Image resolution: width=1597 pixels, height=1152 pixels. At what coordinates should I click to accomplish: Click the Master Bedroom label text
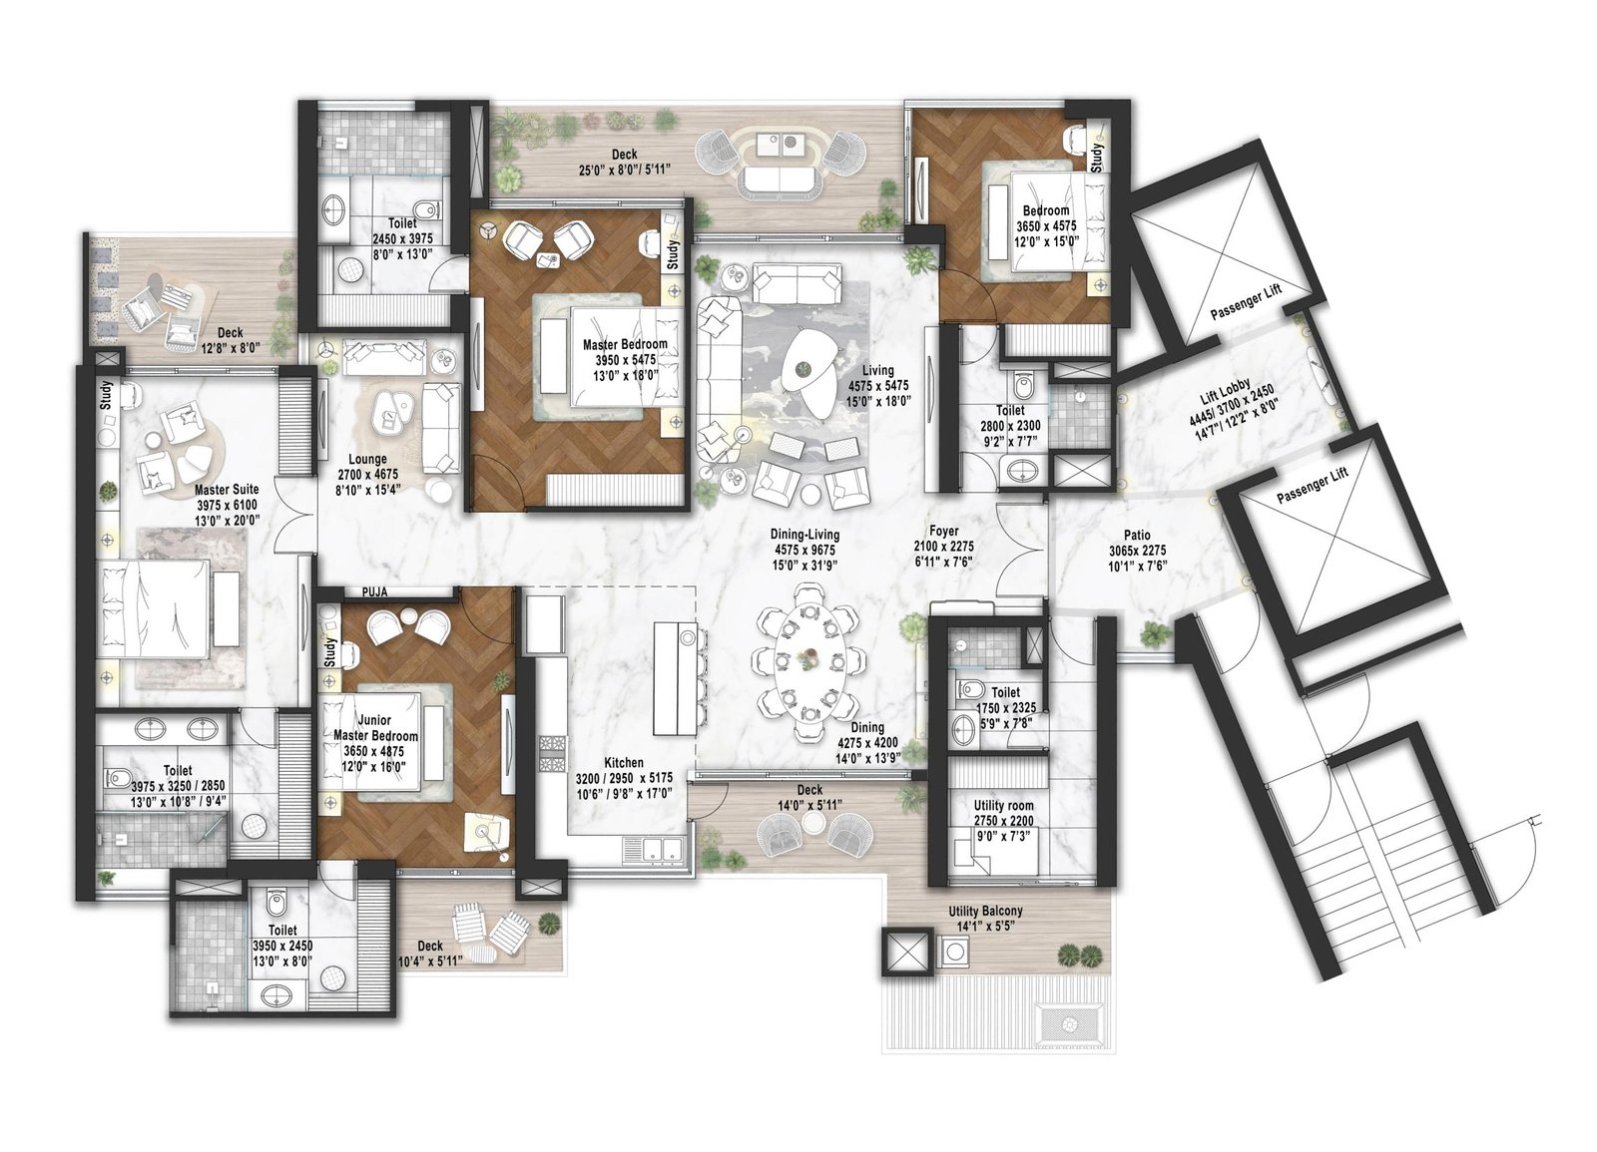[x=624, y=344]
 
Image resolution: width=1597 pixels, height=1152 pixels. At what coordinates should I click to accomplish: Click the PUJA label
[x=374, y=591]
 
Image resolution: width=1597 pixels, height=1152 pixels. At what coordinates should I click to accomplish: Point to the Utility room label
[x=1003, y=805]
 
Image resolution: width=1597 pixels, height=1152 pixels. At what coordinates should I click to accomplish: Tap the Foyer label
[x=943, y=532]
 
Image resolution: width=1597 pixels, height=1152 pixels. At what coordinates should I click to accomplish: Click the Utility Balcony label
[x=985, y=912]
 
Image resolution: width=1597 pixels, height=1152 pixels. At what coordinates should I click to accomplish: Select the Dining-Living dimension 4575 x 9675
[x=803, y=550]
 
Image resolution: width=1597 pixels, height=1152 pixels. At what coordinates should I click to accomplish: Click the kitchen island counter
[x=675, y=677]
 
